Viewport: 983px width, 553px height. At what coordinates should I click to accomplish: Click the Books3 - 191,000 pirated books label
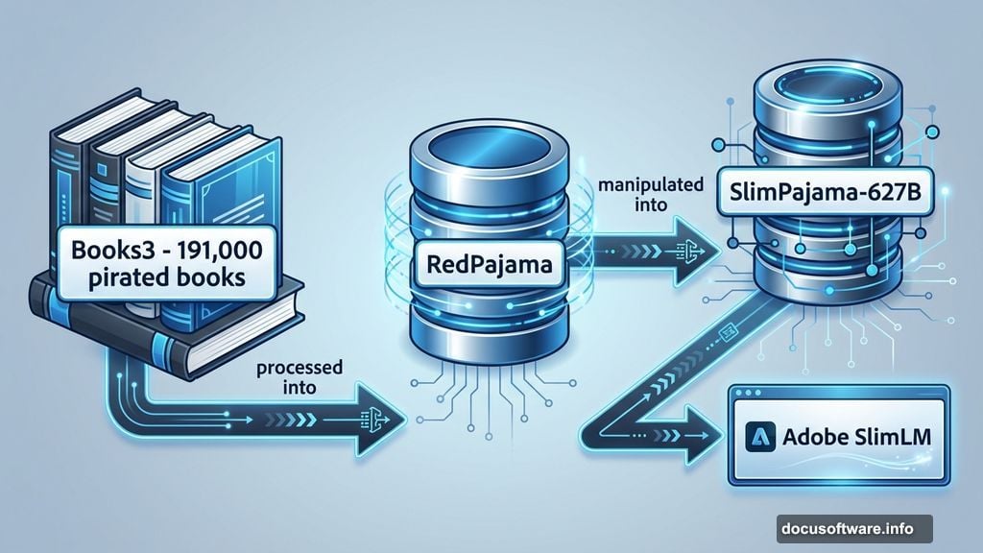click(x=156, y=260)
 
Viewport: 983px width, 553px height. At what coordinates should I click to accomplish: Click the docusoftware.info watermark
click(x=854, y=528)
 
